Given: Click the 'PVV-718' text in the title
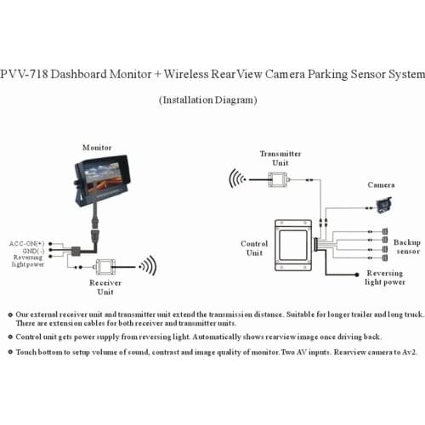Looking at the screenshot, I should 26,74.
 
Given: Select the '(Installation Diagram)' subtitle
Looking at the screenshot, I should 211,99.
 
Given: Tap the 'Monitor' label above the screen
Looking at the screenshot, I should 96,147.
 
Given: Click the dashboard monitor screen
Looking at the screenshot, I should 99,174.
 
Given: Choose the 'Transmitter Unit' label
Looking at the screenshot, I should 280,157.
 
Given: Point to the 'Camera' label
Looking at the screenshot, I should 380,184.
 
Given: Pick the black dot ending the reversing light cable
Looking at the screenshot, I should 356,272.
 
